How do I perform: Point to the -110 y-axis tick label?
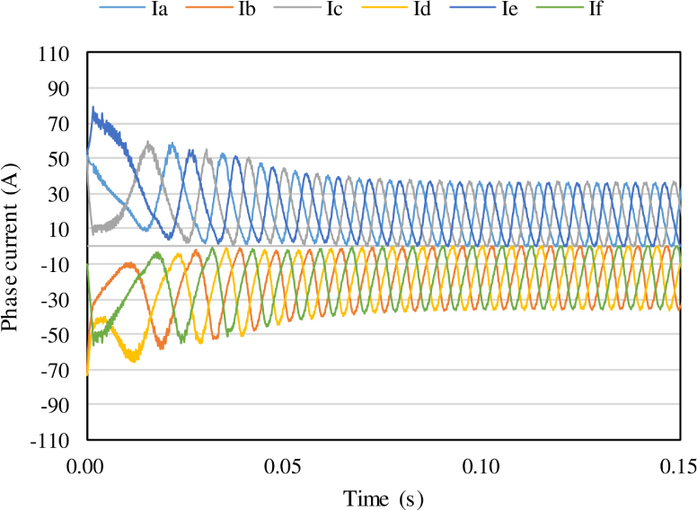click(x=52, y=440)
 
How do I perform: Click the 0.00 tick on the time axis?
click(x=87, y=467)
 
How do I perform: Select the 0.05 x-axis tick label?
click(x=285, y=467)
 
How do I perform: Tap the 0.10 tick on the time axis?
click(x=482, y=467)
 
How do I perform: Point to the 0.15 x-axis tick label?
click(x=678, y=467)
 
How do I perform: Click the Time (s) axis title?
click(x=384, y=497)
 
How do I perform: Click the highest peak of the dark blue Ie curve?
click(x=93, y=108)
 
